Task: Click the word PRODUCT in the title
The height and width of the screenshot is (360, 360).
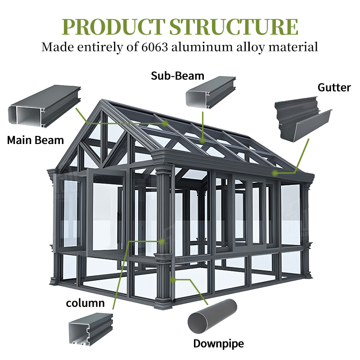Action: (113, 27)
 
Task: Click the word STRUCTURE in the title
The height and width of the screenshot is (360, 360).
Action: (234, 27)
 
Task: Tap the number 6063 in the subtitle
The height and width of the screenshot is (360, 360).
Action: (154, 47)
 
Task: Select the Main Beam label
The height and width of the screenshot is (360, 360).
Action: (36, 140)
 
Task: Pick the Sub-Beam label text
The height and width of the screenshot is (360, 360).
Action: (177, 76)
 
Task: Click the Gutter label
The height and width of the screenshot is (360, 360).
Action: (334, 87)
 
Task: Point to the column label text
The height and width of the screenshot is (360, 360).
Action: (85, 303)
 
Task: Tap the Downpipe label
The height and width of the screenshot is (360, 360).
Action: (218, 344)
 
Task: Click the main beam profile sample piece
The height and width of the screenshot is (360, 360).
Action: (45, 107)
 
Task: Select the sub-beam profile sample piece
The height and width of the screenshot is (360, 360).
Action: (211, 92)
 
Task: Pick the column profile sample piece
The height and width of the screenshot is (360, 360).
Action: (91, 329)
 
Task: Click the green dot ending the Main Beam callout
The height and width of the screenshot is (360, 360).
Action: (165, 123)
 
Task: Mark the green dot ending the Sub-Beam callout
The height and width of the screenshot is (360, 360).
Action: (202, 140)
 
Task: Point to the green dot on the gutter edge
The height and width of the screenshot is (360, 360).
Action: (275, 173)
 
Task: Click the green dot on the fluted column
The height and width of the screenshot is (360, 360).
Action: (162, 242)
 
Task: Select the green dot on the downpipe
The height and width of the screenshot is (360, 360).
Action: (173, 279)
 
